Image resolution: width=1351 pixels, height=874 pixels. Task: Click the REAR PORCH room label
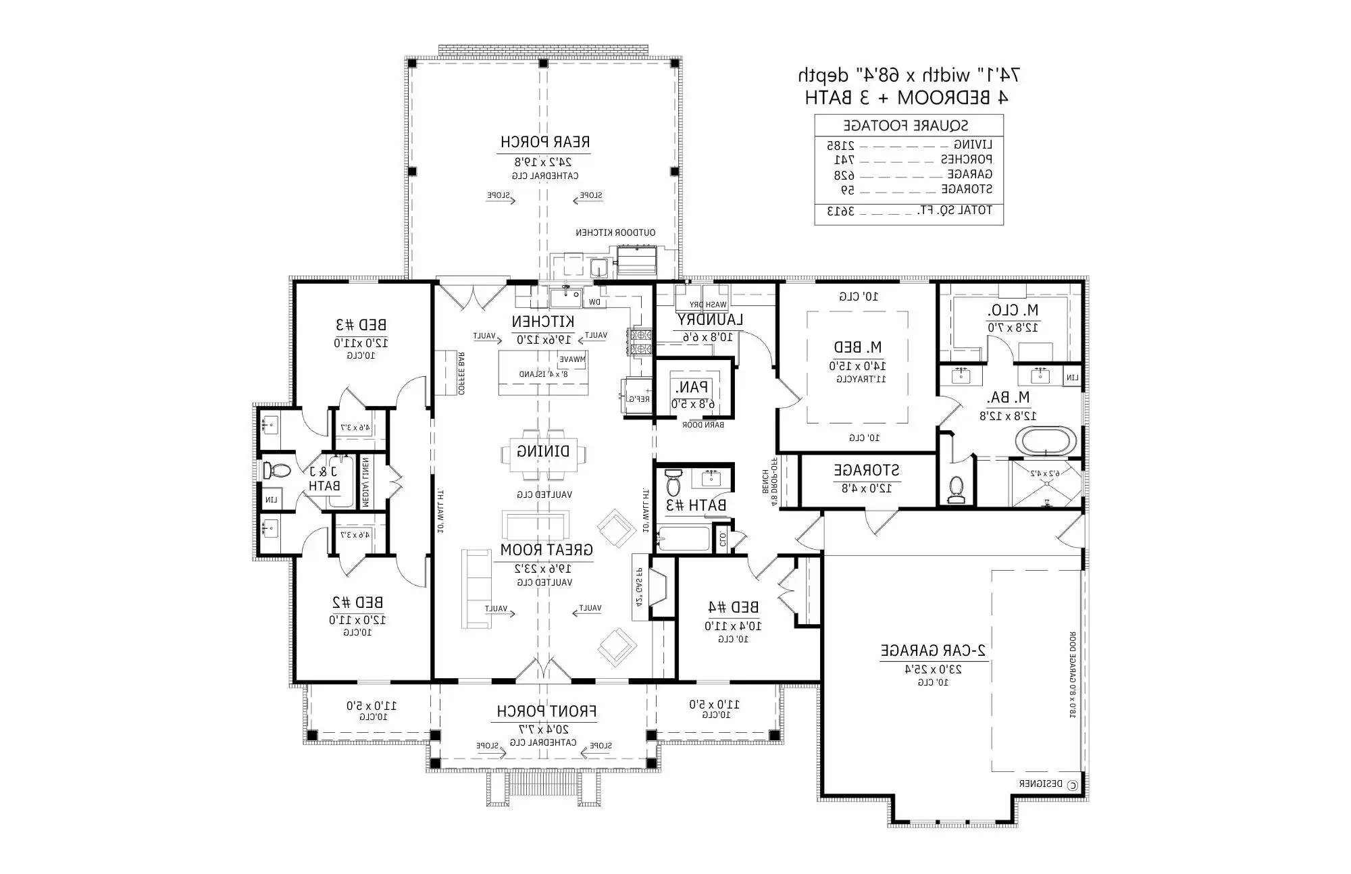pos(545,142)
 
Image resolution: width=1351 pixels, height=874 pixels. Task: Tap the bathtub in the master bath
pos(1046,441)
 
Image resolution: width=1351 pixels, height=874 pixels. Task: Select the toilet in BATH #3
pos(673,483)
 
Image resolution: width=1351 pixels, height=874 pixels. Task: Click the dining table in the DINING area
pos(543,451)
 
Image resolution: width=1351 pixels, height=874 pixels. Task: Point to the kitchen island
pos(544,372)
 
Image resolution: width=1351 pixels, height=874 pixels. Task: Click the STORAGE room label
pos(866,470)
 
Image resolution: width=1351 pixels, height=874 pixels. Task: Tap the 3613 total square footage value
pos(841,211)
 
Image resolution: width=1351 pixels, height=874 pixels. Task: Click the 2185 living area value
pos(841,145)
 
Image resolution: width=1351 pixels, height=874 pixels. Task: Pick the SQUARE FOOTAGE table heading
pos(906,125)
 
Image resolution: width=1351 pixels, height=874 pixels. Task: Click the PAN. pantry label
pos(692,388)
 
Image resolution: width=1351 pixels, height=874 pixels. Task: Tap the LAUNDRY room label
pos(711,319)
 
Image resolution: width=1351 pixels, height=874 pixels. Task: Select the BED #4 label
pos(732,607)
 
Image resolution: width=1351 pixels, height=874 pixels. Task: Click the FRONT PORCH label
pos(546,711)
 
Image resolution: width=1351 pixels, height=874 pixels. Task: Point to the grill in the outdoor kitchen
pos(636,260)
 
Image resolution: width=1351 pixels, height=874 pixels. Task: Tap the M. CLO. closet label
pos(1013,311)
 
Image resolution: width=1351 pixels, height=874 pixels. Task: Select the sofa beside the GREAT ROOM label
pos(476,589)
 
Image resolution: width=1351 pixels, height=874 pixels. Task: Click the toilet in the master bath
pos(957,488)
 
